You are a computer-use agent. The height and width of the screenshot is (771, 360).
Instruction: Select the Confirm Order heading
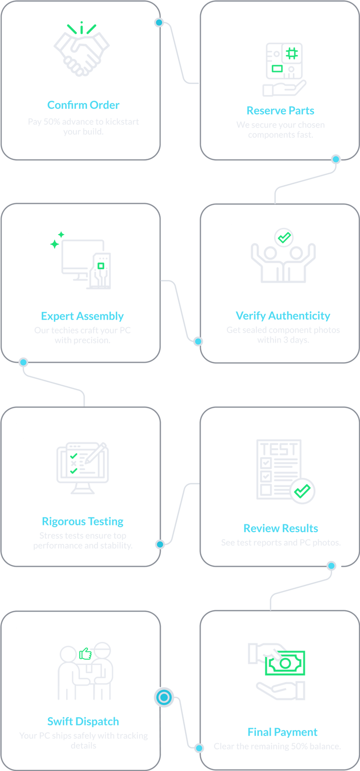83,105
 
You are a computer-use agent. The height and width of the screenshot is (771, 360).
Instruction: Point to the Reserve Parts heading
280,110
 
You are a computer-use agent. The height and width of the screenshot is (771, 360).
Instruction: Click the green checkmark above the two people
283,236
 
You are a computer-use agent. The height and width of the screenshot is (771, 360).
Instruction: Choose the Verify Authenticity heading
283,316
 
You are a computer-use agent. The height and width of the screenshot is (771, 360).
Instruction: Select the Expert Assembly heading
83,316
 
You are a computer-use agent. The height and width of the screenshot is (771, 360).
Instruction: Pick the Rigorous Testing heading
83,522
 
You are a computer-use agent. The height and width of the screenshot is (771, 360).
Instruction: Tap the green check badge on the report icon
303,490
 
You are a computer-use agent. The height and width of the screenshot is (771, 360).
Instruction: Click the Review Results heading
281,529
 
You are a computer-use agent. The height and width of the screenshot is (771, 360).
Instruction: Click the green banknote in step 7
286,663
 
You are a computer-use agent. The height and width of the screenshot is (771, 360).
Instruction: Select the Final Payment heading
282,732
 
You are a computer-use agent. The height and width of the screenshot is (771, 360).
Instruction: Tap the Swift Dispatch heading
83,721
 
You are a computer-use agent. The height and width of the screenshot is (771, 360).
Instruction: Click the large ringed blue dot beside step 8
164,697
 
